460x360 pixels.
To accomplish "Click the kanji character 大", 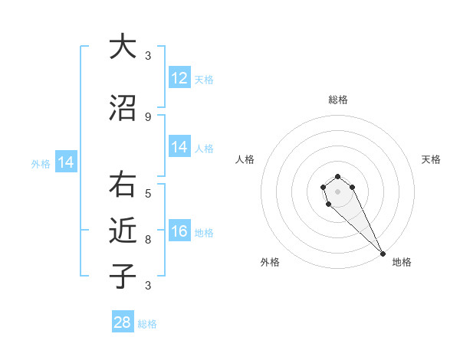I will tap(122, 47).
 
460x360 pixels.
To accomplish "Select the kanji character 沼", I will tap(122, 109).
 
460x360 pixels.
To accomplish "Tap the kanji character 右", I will tap(122, 185).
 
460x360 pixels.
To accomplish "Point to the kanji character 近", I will tap(122, 230).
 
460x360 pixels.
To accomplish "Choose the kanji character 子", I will tap(122, 276).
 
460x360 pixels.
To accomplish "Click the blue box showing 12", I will tap(179, 78).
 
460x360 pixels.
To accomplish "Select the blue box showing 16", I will tap(179, 231).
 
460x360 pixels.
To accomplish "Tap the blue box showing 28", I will tap(123, 322).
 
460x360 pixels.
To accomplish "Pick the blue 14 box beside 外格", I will tap(65, 162).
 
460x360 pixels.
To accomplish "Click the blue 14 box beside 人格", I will tap(179, 147).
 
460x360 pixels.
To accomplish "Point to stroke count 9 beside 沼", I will tap(148, 117).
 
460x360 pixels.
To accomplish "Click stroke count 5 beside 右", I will tap(148, 193).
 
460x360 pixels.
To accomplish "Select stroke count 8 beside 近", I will tap(148, 239).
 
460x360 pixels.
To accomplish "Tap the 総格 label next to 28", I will tap(147, 324).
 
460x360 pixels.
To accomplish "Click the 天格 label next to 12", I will tap(204, 79).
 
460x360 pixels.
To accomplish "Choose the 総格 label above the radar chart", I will tap(338, 100).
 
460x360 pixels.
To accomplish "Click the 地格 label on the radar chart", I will tap(402, 263).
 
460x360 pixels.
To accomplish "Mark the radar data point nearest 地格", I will tap(383, 254).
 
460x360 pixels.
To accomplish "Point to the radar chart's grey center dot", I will tap(338, 191).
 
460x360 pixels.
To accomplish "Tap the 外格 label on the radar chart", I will tap(270, 263).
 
